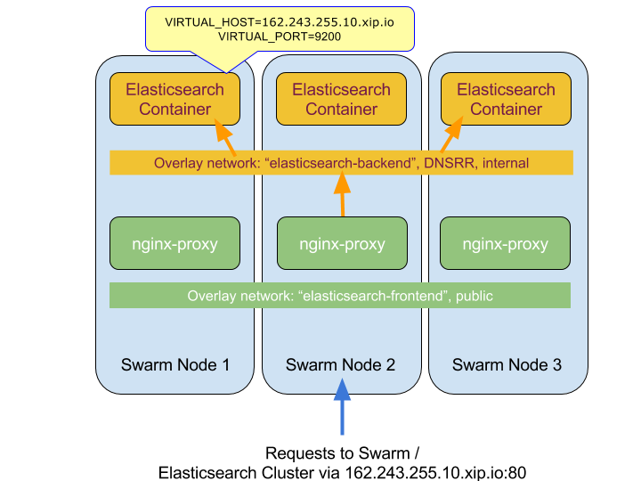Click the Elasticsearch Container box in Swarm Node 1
pos(174,99)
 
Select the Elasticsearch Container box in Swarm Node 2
pos(341,99)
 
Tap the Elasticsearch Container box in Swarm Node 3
pos(506,99)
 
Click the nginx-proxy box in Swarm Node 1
pos(174,243)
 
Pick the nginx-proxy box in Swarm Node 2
pos(342,243)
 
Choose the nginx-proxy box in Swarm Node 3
pos(506,243)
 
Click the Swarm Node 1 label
pos(175,364)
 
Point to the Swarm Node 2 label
pos(341,364)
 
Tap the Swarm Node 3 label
pos(507,364)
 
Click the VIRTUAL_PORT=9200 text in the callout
pos(278,37)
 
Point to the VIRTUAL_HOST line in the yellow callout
pos(278,20)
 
